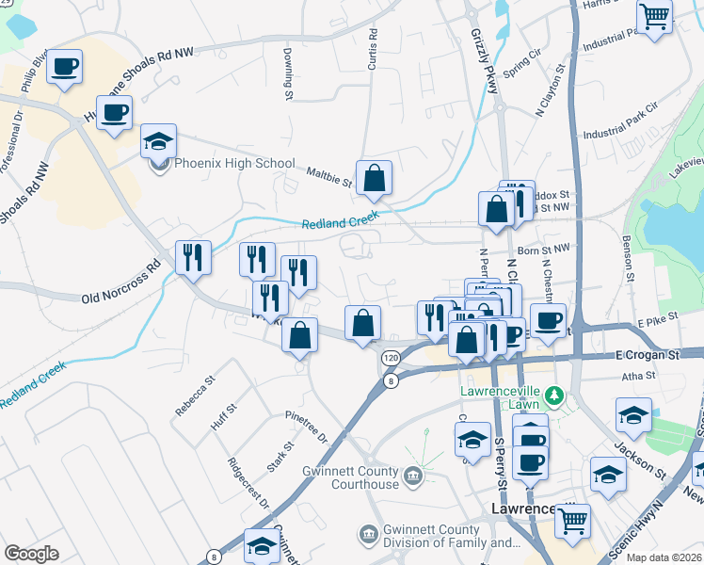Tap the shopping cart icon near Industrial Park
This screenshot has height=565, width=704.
(654, 16)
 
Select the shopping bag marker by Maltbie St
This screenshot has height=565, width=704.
(374, 177)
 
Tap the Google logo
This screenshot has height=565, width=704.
(31, 554)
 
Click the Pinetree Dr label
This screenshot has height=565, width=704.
(306, 427)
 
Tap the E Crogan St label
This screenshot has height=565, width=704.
(647, 356)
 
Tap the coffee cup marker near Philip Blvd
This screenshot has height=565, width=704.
(65, 68)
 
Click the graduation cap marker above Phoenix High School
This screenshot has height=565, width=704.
(158, 142)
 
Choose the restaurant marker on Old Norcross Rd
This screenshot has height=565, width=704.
(193, 257)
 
